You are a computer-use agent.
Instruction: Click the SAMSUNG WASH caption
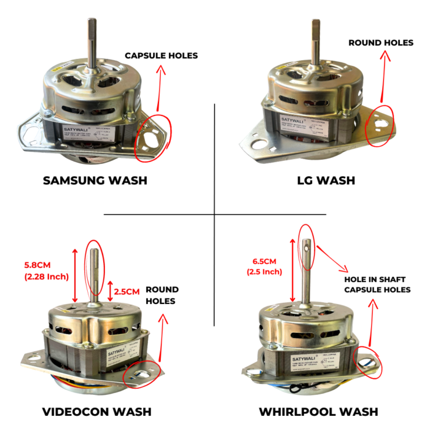(x=95, y=181)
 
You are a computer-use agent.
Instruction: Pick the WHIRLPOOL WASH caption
(x=326, y=411)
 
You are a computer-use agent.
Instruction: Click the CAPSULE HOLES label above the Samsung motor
(x=161, y=55)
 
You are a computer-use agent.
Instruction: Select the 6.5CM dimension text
(x=264, y=260)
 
